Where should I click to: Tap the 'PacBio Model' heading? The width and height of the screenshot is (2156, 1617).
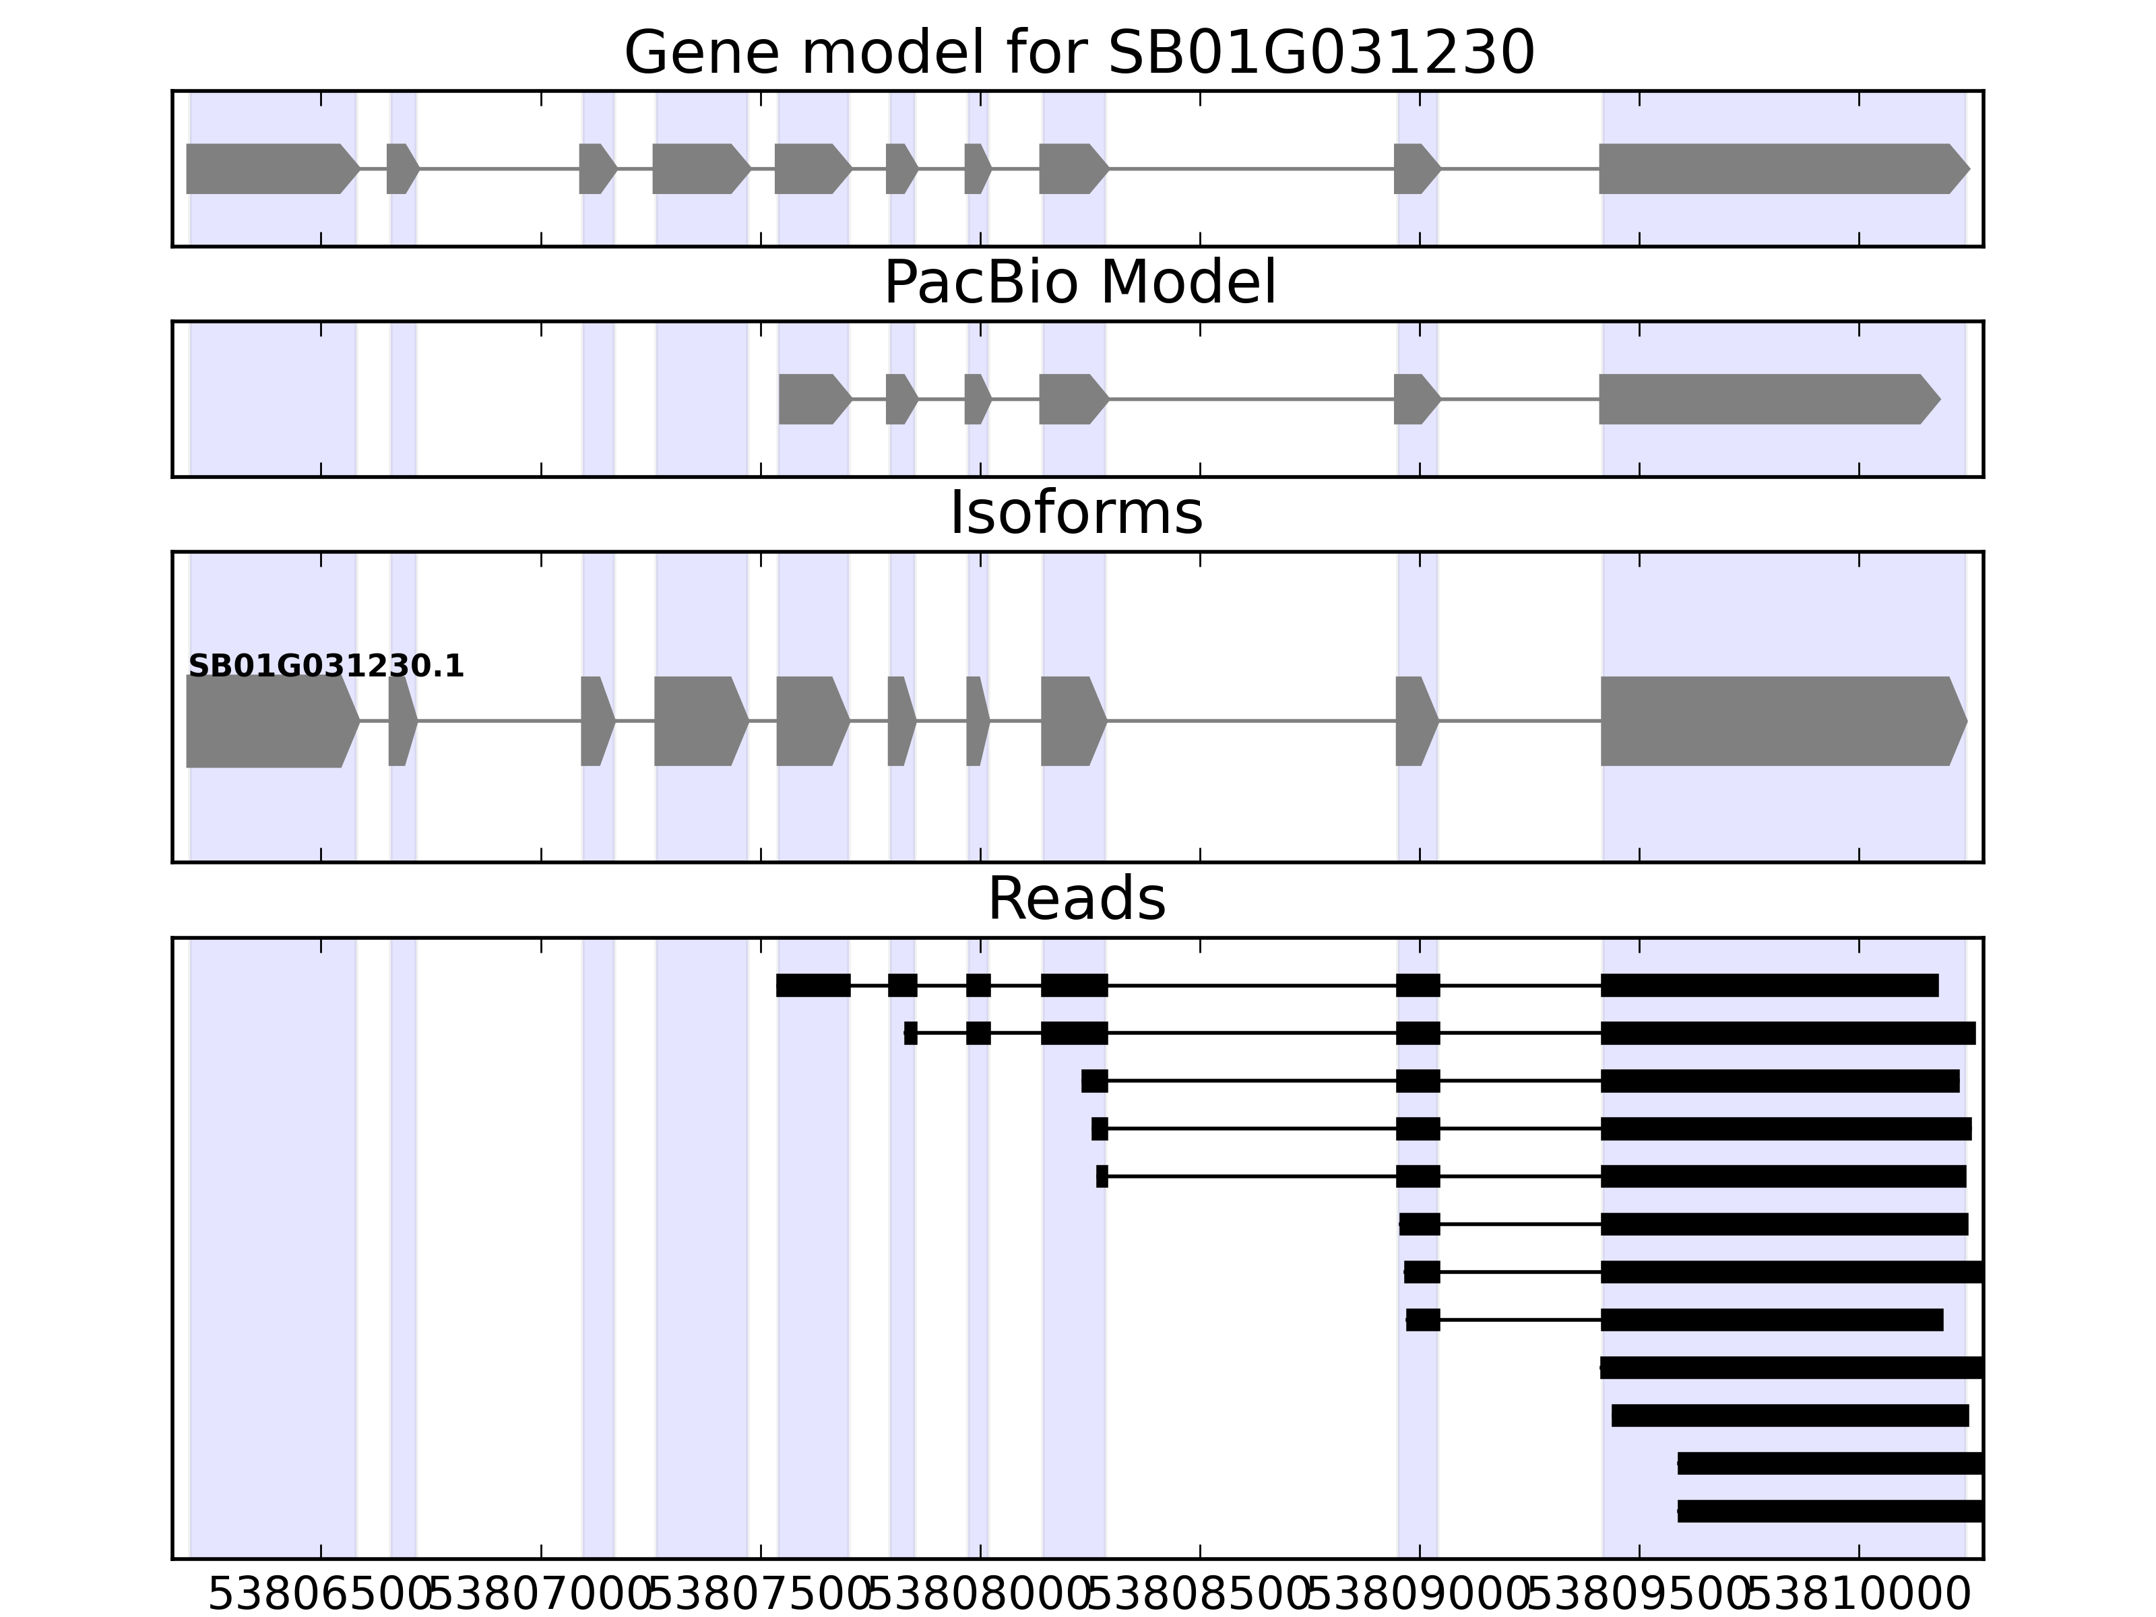(x=1079, y=284)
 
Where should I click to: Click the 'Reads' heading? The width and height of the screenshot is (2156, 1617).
(x=1076, y=899)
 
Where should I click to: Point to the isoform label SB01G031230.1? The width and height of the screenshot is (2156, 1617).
(x=325, y=667)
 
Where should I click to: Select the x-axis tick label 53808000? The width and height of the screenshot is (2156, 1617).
(x=980, y=1595)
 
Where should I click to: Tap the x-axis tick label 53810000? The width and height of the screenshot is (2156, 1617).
(x=1859, y=1595)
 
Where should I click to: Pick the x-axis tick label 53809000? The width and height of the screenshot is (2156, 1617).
(x=1419, y=1595)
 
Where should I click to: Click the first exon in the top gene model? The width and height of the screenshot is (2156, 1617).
(x=269, y=168)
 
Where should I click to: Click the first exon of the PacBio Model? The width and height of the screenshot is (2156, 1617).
(x=812, y=399)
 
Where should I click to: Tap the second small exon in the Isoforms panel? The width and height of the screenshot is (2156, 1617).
(x=402, y=722)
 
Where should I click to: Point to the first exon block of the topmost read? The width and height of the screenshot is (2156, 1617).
(x=813, y=986)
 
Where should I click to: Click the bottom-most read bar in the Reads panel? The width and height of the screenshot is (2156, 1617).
(x=1829, y=1511)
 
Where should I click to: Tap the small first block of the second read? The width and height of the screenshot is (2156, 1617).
(x=910, y=1033)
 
